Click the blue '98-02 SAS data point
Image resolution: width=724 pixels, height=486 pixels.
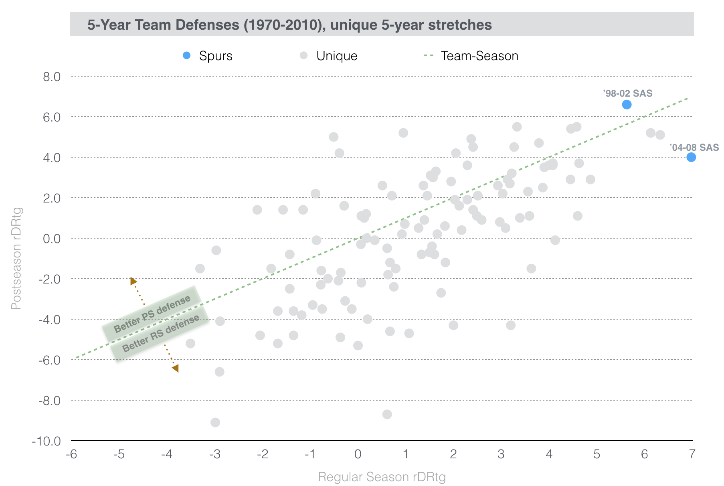(x=627, y=105)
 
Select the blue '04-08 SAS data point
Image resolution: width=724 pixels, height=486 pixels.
(x=691, y=157)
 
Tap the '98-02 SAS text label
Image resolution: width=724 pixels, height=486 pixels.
(x=628, y=93)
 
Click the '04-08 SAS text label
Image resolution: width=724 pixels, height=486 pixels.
(x=694, y=148)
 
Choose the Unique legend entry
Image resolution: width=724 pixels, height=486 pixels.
(x=329, y=56)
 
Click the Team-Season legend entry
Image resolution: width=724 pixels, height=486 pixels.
(x=471, y=56)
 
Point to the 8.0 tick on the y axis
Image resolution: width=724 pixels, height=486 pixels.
(x=52, y=76)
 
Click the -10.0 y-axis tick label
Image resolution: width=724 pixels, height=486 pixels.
(x=47, y=441)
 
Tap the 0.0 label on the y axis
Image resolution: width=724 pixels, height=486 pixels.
(x=52, y=239)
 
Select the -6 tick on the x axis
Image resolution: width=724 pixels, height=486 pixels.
(x=71, y=454)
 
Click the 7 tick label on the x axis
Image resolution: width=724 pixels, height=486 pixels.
(x=692, y=454)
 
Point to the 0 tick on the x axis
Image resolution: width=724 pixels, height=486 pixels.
(x=358, y=454)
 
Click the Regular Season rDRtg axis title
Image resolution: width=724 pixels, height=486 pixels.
(x=382, y=477)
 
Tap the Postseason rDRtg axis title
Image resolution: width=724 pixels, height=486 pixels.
(x=16, y=259)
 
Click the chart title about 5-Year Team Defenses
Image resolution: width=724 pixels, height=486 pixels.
(x=289, y=25)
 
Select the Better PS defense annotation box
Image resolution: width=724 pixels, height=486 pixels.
(x=152, y=314)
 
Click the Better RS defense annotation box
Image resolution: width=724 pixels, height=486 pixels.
(x=160, y=333)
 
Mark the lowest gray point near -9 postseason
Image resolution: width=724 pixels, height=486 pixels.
(x=215, y=422)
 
